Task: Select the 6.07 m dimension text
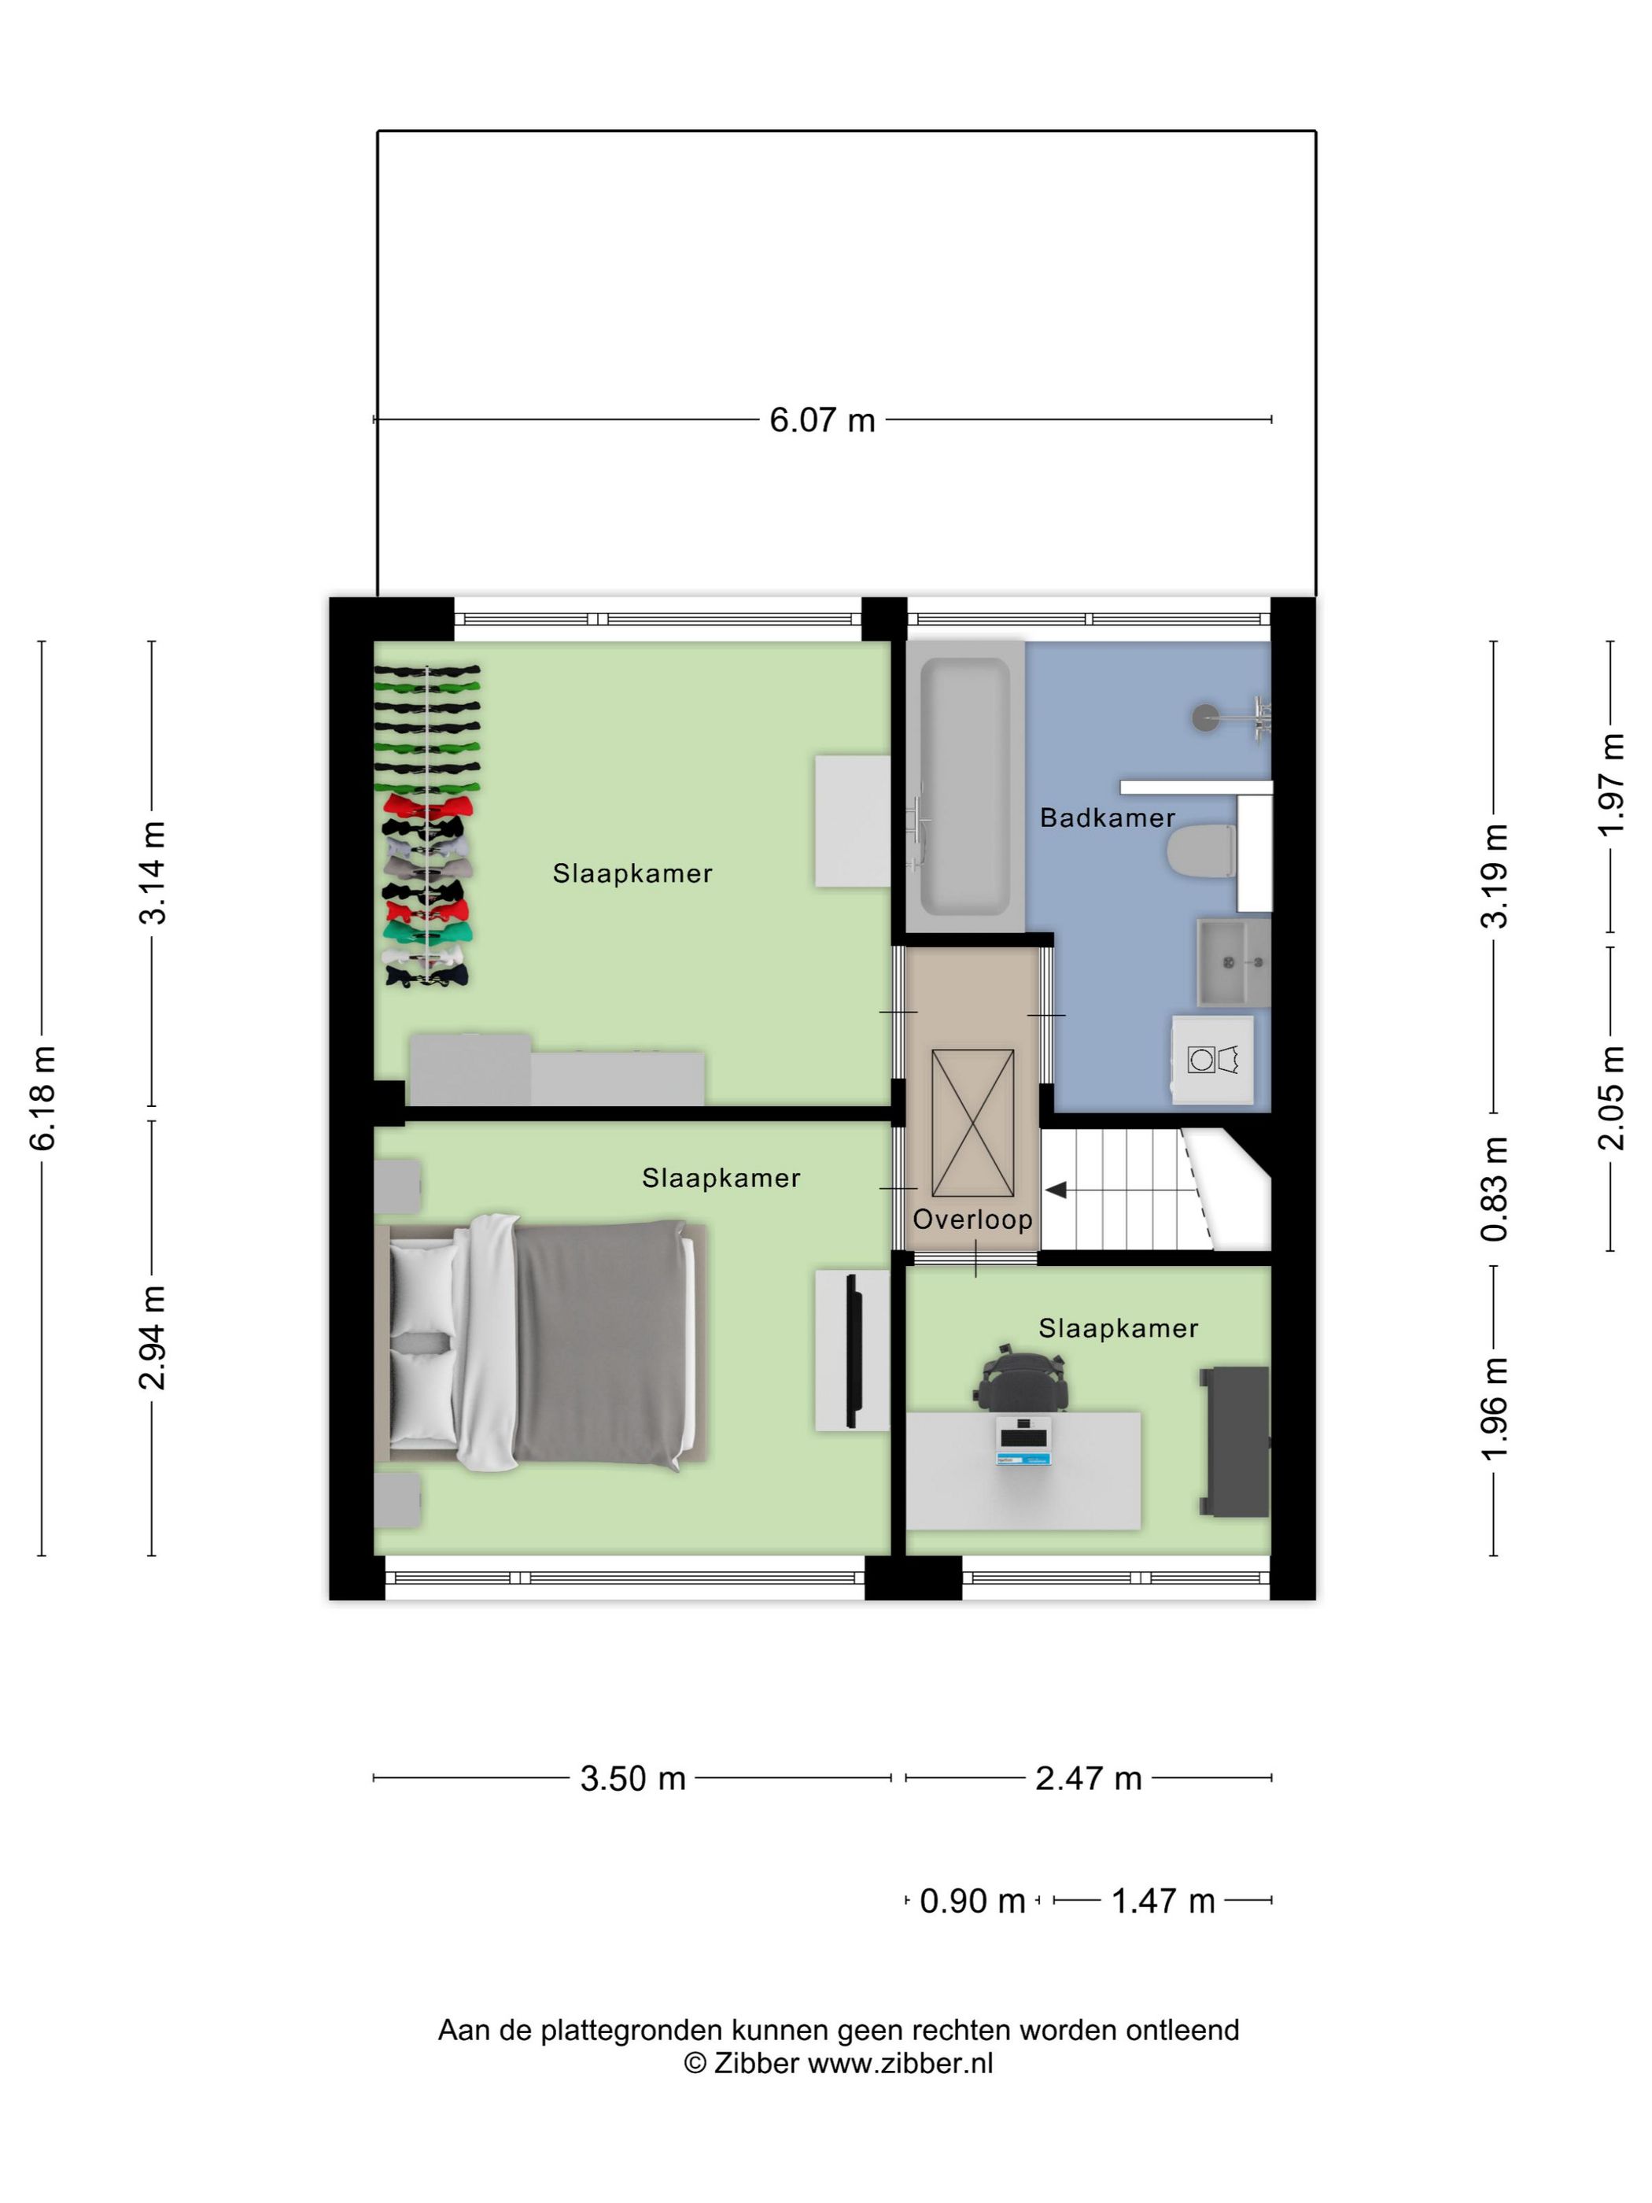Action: [821, 420]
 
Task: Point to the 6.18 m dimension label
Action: [45, 1098]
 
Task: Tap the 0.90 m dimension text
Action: [972, 1901]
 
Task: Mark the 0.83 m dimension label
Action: [1495, 1188]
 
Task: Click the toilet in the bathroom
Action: [1199, 853]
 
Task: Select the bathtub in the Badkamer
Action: [963, 787]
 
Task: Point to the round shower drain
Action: [1206, 716]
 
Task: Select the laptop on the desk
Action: [1023, 1440]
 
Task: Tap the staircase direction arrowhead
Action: [1056, 1189]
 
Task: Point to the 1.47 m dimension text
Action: [1162, 1901]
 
